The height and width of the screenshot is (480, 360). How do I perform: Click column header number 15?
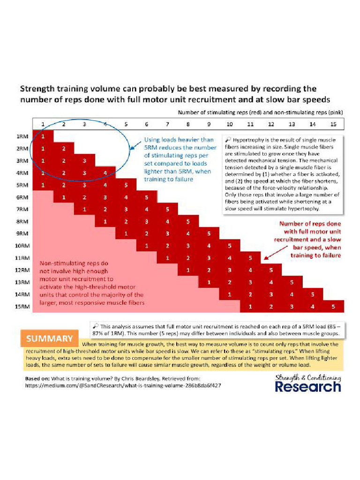pos(333,124)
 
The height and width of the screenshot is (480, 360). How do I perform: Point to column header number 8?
pos(188,124)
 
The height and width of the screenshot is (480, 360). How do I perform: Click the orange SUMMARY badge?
pos(49,338)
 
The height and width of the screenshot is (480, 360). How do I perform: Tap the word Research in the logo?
pos(307,387)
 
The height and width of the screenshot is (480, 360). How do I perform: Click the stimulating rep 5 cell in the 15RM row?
pos(333,307)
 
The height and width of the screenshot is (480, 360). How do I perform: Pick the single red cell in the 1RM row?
pos(43,136)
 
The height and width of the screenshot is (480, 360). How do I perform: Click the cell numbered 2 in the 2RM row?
pos(63,148)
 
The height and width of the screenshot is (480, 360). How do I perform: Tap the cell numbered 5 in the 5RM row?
pos(126,185)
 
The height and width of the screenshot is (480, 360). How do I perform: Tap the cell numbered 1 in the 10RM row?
pos(147,246)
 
